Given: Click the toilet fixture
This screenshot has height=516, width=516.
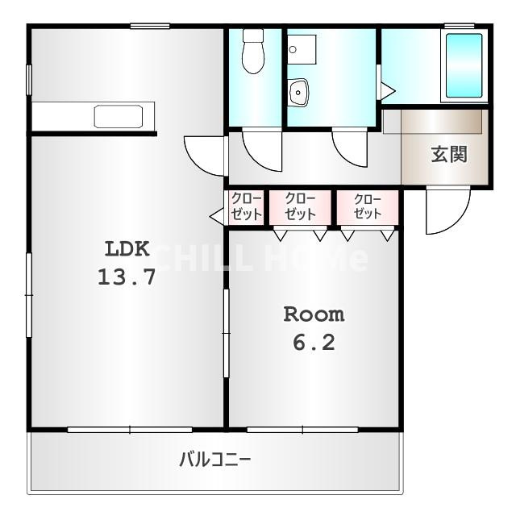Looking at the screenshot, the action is tap(253, 51).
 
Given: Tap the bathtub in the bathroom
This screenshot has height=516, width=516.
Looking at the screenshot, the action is tap(464, 65).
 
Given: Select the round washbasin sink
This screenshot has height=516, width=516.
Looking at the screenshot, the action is tap(298, 93).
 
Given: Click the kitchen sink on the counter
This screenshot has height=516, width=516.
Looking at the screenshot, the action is tap(119, 116).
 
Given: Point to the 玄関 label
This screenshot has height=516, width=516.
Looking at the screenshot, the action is tap(449, 154).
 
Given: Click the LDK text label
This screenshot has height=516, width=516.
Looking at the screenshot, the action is tap(127, 248).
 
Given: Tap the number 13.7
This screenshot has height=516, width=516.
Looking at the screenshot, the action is tap(127, 277).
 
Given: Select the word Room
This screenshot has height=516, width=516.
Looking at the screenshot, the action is tap(314, 314).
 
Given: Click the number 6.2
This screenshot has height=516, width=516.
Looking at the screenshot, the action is tap(314, 342).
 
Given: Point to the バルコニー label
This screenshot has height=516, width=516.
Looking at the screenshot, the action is tap(215, 460).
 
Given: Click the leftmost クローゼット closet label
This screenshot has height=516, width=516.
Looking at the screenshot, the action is tap(246, 206).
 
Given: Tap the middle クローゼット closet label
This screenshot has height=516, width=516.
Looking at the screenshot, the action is tap(300, 206).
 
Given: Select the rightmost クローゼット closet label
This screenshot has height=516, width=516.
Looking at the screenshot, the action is tap(368, 206).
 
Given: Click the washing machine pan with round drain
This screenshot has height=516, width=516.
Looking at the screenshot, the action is tap(302, 49).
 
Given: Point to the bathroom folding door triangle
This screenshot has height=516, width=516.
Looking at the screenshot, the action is tap(388, 91).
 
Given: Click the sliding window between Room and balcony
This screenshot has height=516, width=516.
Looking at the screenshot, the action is tap(302, 430).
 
